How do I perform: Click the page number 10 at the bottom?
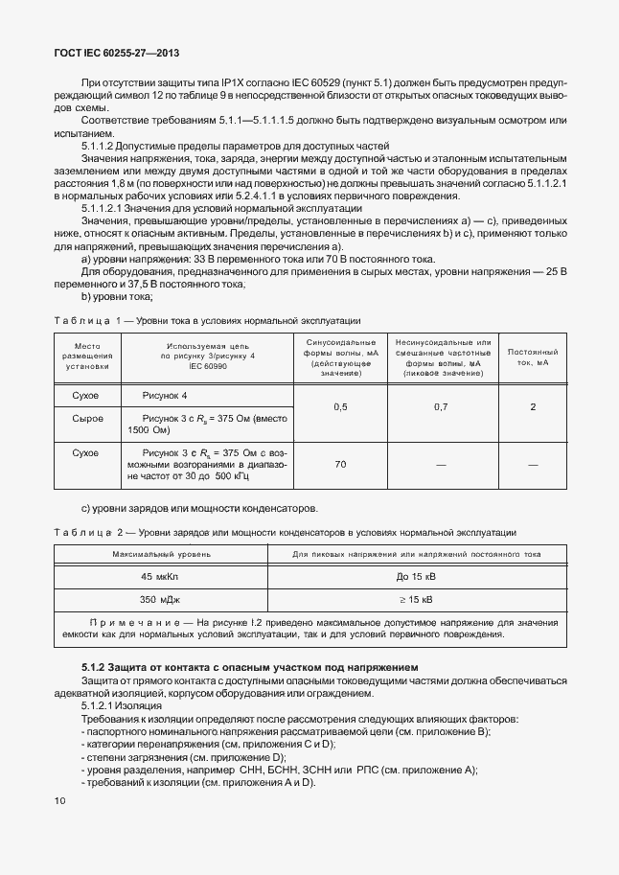pos(60,799)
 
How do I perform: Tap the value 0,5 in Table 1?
pos(340,407)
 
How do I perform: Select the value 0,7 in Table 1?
pos(441,407)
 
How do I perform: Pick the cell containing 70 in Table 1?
pos(340,464)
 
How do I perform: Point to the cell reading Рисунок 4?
pos(164,396)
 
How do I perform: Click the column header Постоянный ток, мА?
pos(532,357)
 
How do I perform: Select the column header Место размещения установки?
pos(88,357)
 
